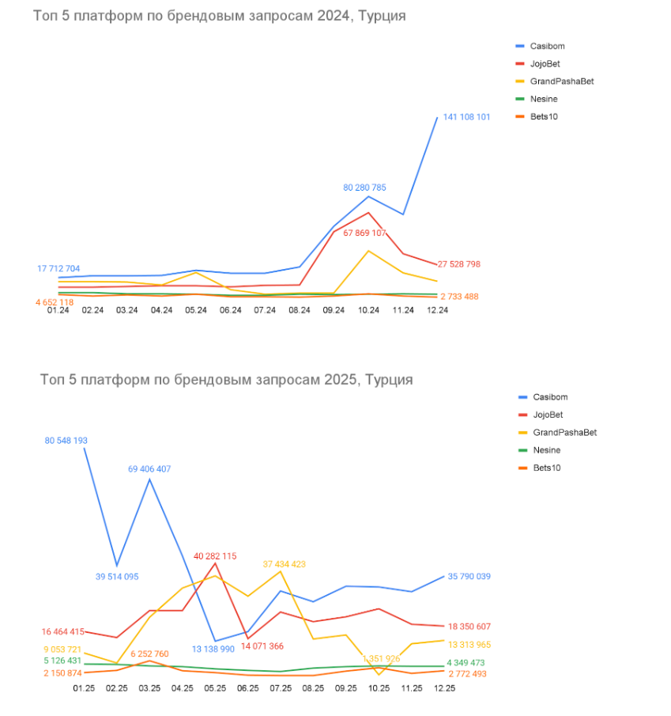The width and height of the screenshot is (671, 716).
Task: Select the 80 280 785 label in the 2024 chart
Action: click(364, 188)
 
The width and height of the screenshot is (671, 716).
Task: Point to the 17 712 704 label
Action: click(58, 269)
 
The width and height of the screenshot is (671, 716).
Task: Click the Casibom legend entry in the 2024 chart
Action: click(546, 47)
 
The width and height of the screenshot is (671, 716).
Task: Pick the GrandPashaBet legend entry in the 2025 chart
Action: click(564, 433)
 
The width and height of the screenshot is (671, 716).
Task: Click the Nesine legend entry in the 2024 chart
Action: click(545, 99)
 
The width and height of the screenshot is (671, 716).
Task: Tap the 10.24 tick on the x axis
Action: click(368, 310)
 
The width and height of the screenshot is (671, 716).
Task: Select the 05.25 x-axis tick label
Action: click(216, 688)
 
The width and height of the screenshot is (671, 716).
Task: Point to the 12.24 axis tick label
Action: click(437, 310)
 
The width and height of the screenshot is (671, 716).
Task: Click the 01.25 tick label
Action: click(84, 688)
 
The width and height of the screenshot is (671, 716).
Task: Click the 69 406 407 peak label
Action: click(149, 469)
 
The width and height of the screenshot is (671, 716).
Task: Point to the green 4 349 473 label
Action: click(466, 662)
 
